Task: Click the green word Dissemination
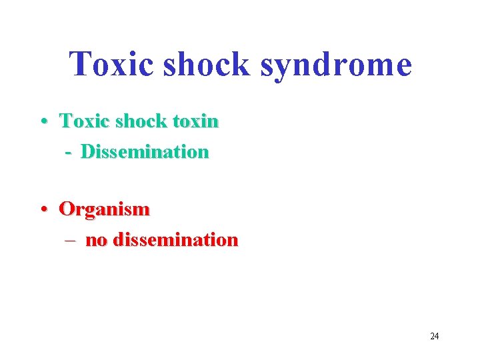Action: tap(145, 152)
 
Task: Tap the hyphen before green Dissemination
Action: tap(69, 153)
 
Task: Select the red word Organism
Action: tap(105, 210)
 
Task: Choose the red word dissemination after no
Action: tap(175, 240)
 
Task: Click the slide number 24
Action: tap(435, 336)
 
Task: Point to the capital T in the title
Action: tap(81, 64)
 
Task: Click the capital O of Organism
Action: tap(67, 209)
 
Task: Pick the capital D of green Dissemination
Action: tap(87, 152)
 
